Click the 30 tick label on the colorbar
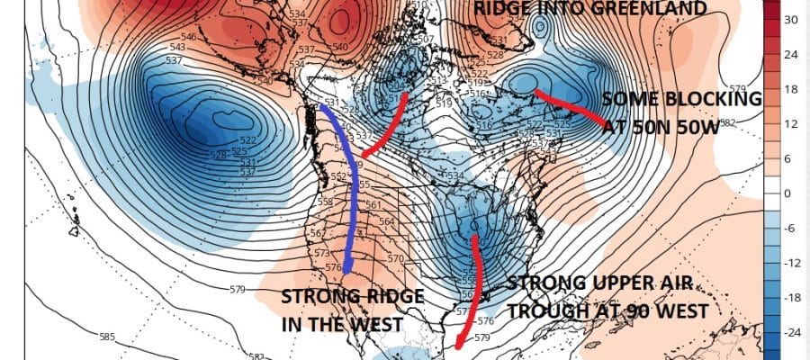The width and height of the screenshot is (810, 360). coord(792,19)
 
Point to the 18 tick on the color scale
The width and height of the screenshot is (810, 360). coord(792,88)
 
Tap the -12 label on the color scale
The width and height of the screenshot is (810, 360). coord(792,263)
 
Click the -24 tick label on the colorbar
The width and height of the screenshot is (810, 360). coord(792,332)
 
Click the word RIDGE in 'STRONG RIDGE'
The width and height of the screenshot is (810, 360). coord(369,296)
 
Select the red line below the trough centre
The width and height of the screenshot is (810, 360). coord(472,288)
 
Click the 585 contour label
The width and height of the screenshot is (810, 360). coord(108,337)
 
